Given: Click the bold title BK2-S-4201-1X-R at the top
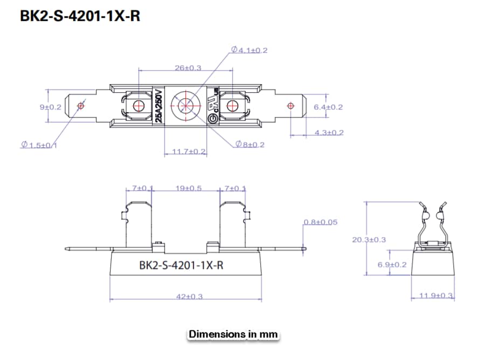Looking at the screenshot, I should point(80,16).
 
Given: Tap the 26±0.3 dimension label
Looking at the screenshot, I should point(188,68).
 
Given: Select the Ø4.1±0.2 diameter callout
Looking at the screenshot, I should point(250,50).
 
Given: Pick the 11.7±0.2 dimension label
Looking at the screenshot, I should point(189,151).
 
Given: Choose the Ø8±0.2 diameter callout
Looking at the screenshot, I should point(250,144).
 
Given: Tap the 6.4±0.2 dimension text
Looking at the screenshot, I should point(328,107).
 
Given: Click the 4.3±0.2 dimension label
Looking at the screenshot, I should point(329,132).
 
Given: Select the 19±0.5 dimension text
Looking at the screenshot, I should point(188,188).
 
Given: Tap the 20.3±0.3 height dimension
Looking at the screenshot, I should point(369,239).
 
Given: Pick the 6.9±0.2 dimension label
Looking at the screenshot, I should point(392,265).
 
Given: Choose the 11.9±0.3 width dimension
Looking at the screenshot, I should point(436,296).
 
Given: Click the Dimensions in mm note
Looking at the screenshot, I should point(233,334).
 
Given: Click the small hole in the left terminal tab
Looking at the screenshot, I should point(81,106).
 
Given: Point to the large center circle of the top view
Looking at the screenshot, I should point(184,106).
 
